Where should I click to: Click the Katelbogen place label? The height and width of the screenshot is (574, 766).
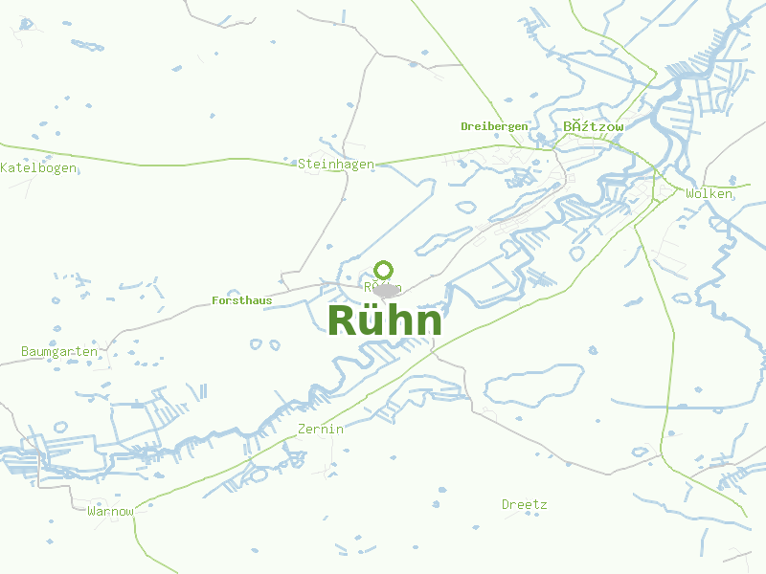(39, 167)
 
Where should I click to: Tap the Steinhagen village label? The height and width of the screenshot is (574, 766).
(336, 164)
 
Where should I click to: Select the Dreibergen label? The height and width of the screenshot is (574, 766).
(494, 126)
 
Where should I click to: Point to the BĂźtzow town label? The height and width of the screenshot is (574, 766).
(594, 126)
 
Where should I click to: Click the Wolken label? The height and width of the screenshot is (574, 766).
(710, 193)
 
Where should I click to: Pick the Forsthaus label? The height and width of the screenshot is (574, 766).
(241, 300)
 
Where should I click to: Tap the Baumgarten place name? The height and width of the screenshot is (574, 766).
(59, 351)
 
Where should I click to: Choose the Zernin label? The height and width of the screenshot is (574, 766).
(321, 429)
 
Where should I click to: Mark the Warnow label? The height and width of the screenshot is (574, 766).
(111, 511)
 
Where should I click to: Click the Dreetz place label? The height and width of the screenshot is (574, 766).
(525, 504)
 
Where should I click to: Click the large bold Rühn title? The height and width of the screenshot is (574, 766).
(385, 321)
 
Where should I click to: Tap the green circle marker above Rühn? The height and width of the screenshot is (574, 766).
(384, 270)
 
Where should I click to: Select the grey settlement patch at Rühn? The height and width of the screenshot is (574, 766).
(386, 290)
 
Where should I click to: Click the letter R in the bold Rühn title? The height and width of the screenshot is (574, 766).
(343, 321)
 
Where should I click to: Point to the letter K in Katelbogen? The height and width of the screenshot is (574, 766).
(5, 167)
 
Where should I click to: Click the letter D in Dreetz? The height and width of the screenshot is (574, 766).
(506, 504)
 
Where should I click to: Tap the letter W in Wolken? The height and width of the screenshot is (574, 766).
(689, 193)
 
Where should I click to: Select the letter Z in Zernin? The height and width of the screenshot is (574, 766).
(302, 429)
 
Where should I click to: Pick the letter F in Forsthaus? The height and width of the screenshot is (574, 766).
(214, 300)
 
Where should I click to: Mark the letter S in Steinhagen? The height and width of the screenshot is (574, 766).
(302, 164)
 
